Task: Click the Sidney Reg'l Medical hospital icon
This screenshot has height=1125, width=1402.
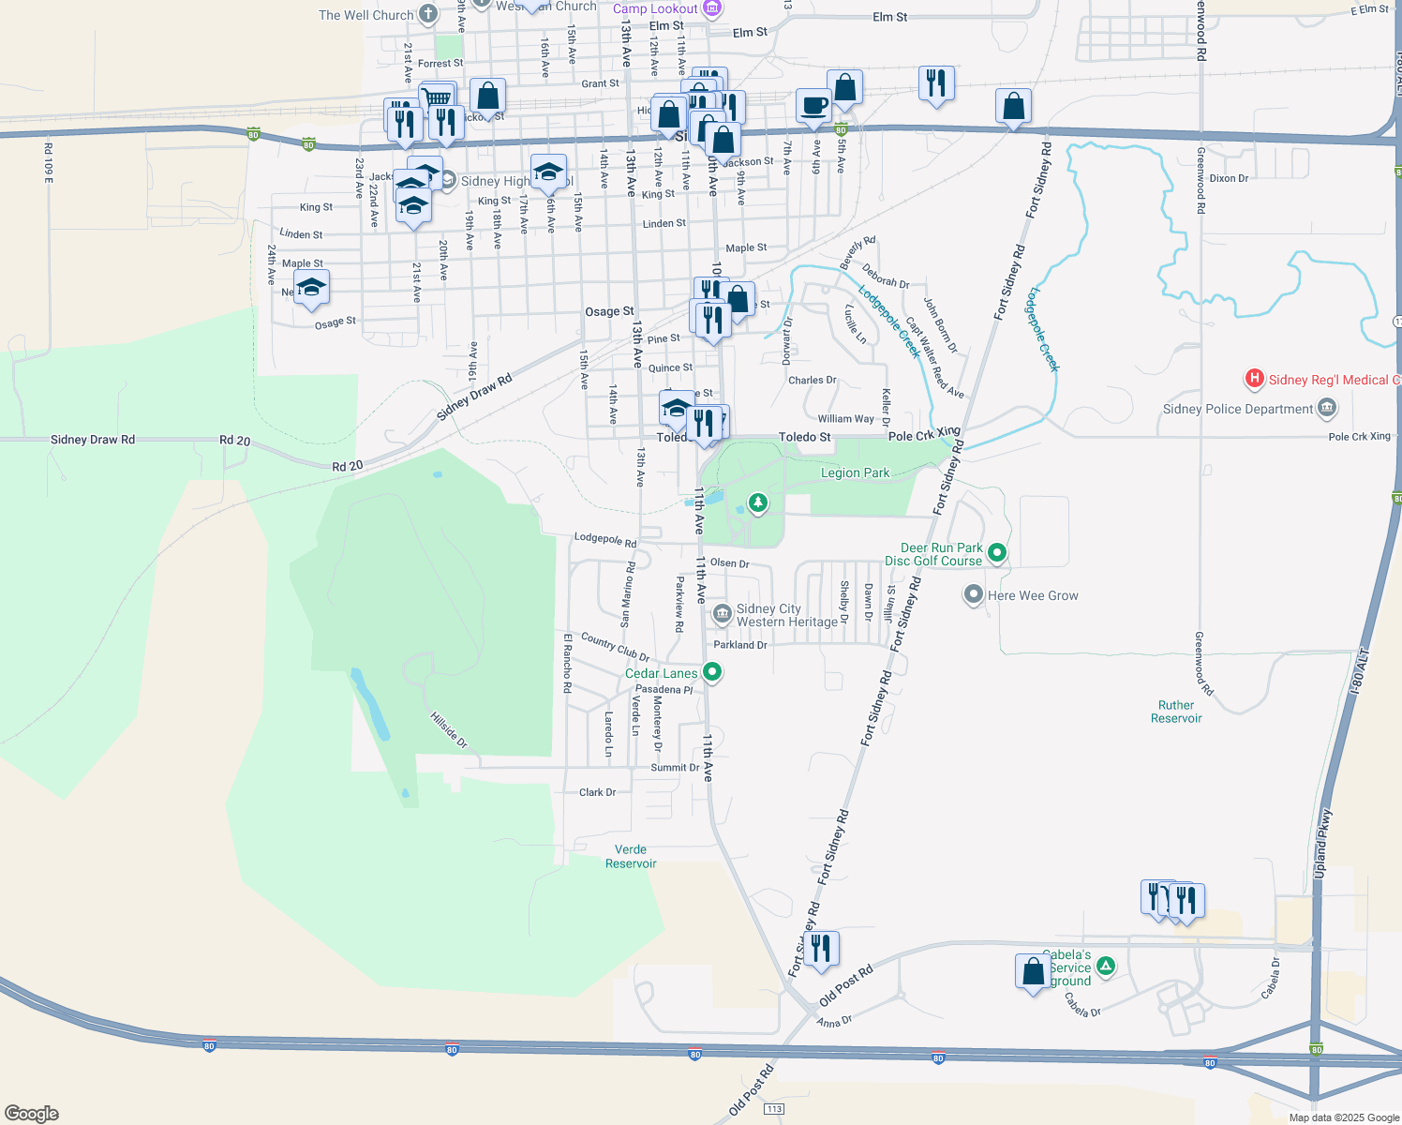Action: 1254,380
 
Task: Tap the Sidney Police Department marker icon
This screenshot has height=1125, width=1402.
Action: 1326,408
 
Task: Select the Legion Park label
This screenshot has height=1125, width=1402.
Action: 855,472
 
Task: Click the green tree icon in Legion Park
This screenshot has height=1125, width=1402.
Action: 757,503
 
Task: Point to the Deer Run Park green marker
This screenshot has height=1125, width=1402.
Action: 997,553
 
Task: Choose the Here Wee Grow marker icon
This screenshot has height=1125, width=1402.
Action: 974,594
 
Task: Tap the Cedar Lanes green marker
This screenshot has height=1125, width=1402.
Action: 712,672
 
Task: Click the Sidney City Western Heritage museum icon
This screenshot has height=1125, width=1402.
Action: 722,614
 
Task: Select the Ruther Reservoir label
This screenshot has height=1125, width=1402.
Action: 1176,712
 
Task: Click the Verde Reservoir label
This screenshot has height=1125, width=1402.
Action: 631,856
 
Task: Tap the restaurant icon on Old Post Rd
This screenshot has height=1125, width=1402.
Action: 820,947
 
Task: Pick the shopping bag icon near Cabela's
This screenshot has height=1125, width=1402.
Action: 1033,970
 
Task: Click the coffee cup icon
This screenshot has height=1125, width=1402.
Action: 813,105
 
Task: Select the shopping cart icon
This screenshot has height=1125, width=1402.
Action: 437,97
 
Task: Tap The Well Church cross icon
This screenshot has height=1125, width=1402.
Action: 428,14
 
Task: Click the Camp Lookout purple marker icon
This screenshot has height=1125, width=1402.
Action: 711,8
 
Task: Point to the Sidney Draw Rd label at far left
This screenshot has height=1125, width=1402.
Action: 93,439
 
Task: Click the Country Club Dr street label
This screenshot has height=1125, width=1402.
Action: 615,646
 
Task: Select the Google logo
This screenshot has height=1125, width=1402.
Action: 32,1113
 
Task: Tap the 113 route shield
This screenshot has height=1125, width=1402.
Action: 773,1109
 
